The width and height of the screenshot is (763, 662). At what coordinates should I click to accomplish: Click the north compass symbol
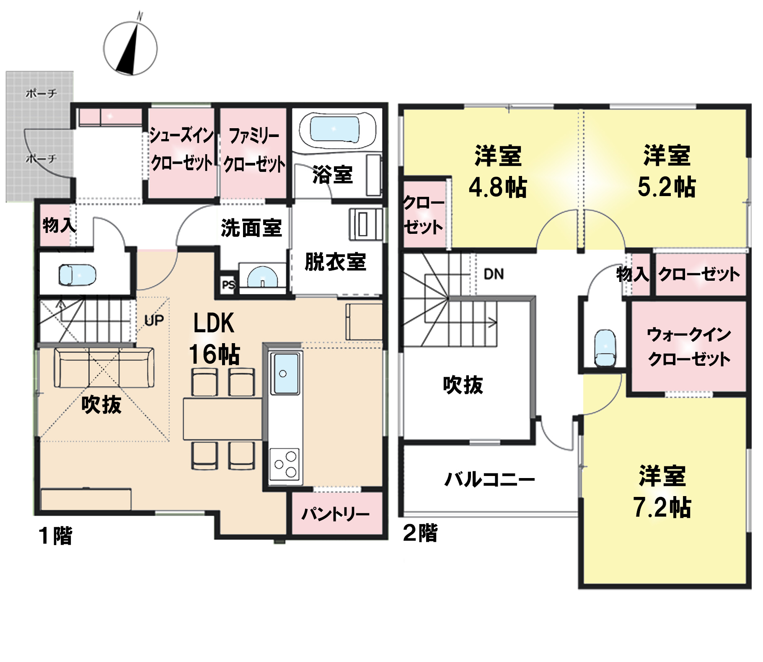[130, 48]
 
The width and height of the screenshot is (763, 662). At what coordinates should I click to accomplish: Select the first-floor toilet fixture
[77, 275]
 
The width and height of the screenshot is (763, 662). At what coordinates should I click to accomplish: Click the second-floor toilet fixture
[605, 348]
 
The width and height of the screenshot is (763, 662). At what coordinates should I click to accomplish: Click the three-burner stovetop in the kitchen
[285, 465]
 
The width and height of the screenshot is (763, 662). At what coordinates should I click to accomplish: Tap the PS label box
[228, 285]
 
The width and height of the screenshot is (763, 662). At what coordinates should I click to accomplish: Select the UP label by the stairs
[154, 321]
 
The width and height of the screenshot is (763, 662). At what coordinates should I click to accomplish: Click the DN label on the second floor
[494, 274]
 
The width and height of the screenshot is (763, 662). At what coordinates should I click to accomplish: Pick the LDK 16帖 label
[214, 339]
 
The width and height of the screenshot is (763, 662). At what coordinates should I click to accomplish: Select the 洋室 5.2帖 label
[667, 171]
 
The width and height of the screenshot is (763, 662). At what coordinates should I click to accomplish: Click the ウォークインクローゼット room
[688, 347]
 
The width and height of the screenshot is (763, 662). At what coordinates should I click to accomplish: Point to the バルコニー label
[489, 479]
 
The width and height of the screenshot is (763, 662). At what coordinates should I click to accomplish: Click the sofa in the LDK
[104, 367]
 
